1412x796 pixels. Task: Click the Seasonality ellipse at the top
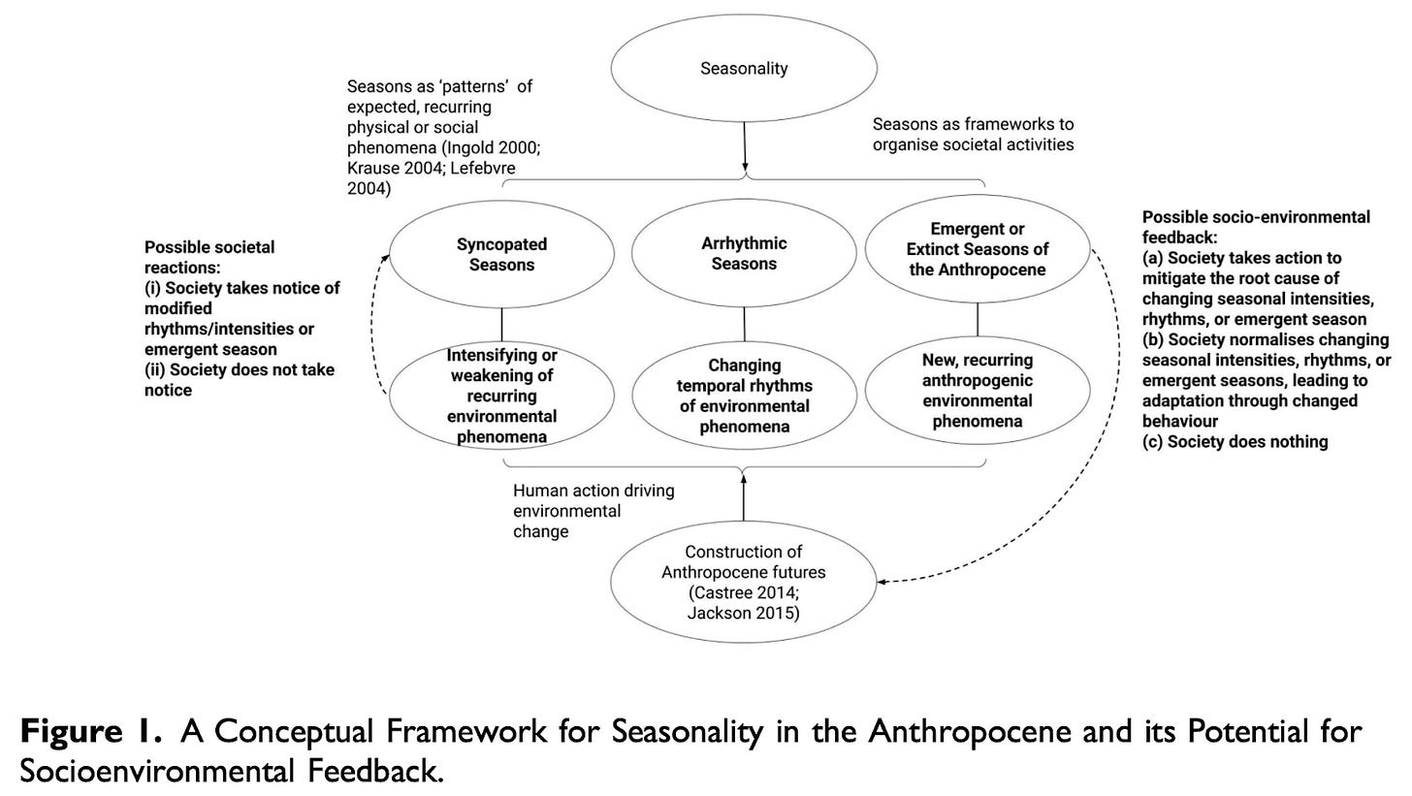coord(744,68)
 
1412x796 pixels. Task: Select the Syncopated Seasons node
coord(501,254)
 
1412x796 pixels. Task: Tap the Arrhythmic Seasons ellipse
coord(744,253)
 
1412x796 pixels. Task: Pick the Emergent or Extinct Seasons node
coord(977,249)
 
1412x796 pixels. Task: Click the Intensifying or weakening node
coord(501,396)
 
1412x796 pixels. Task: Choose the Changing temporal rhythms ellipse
coord(744,396)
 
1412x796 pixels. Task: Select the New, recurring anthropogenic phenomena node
coord(977,391)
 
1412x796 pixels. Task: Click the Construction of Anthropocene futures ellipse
coord(744,582)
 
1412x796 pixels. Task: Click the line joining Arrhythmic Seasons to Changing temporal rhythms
coord(745,324)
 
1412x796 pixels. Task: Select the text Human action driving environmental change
coord(593,511)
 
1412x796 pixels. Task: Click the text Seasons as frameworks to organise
coord(973,134)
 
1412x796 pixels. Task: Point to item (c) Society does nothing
coord(1235,442)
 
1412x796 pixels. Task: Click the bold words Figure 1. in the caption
coord(90,731)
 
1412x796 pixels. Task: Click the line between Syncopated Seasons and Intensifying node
coord(501,323)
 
